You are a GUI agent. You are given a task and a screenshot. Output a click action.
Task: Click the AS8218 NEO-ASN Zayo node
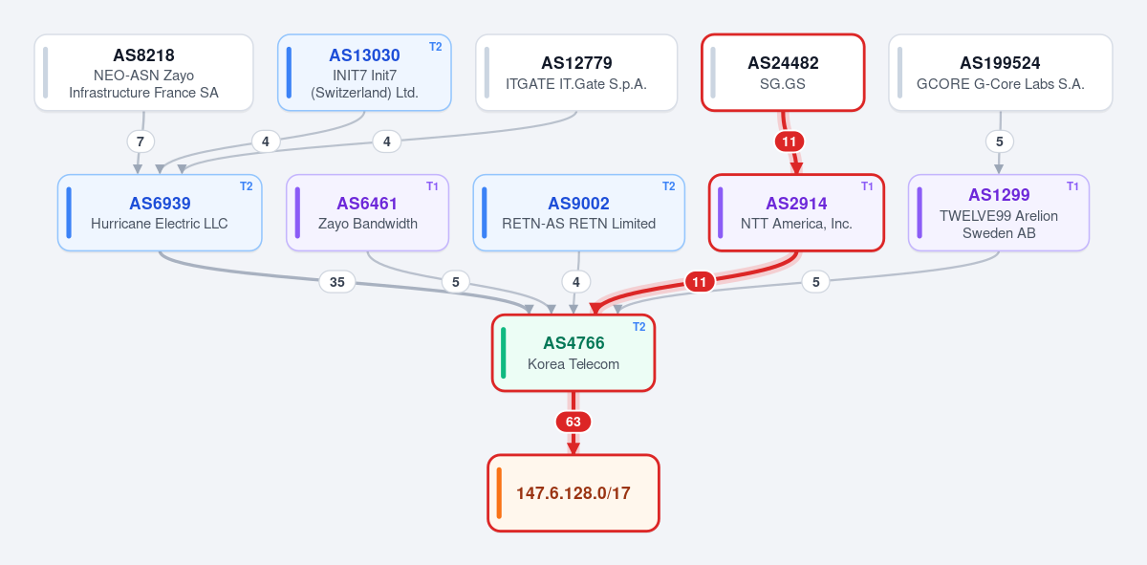pos(144,73)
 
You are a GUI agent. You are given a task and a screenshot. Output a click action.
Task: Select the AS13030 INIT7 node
pos(364,73)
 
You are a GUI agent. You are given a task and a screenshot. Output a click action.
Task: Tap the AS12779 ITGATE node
pos(576,73)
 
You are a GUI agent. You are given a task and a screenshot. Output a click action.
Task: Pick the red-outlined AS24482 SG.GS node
pos(783,73)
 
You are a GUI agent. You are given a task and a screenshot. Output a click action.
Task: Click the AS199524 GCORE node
pos(1001,73)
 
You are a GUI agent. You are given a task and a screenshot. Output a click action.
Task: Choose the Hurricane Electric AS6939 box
pos(160,212)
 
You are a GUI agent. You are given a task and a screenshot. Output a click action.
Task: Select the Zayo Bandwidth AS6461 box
pos(368,212)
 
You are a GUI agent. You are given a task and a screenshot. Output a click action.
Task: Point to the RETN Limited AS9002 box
pos(579,212)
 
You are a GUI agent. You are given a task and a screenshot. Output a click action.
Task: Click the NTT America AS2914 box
pos(797,212)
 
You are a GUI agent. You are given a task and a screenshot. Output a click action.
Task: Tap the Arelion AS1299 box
pos(999,212)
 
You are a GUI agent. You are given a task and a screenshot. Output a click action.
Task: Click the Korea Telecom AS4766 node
pos(573,353)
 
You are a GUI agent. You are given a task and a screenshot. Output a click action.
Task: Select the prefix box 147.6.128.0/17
pos(573,492)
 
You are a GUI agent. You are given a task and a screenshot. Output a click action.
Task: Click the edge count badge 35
pos(336,282)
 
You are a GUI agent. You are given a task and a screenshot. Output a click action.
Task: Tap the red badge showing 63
pos(573,422)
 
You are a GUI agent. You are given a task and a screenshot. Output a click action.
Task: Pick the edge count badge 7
pos(141,141)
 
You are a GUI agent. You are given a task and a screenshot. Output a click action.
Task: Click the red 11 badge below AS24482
pos(790,141)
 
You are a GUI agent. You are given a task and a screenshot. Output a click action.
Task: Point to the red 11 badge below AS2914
pos(700,282)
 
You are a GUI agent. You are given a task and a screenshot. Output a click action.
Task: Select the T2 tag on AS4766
pos(639,327)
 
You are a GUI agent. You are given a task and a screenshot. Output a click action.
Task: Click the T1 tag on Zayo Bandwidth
pos(432,186)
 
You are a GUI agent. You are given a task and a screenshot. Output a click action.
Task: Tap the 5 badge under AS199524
pos(1000,141)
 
